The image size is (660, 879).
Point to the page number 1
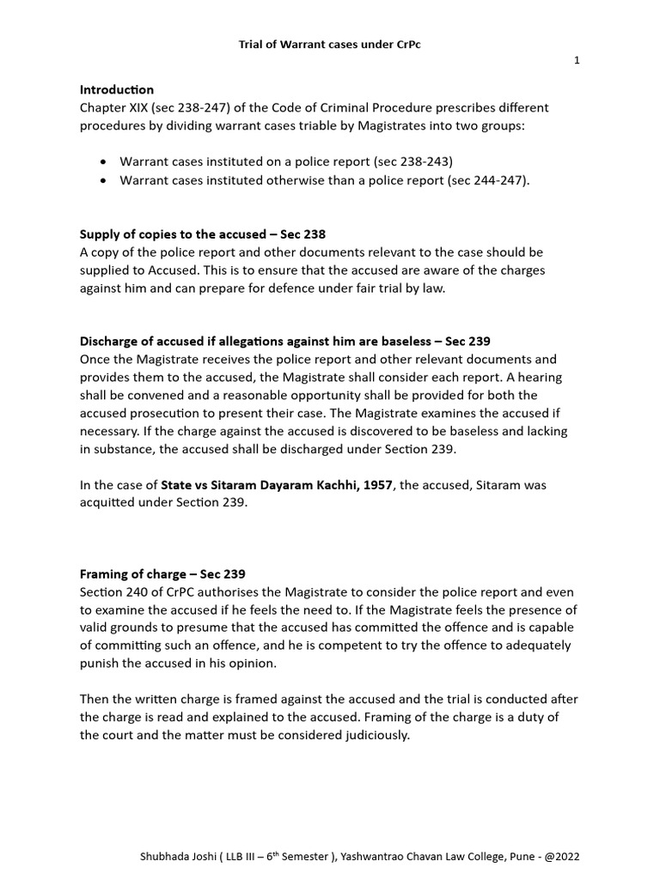577,62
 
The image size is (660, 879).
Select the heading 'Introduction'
117,89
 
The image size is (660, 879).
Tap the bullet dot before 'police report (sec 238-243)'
104,161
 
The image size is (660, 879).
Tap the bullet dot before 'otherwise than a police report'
104,180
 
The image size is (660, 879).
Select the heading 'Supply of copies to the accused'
168,234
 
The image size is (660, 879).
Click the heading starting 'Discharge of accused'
284,342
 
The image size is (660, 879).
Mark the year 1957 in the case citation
377,485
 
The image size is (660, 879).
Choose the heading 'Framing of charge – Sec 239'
162,574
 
